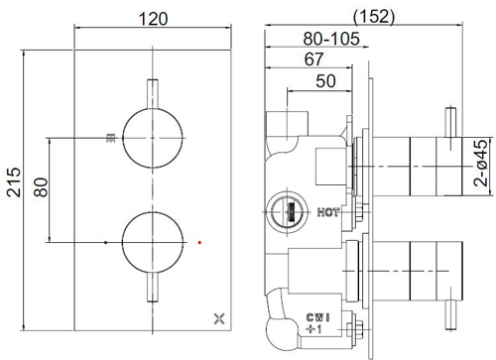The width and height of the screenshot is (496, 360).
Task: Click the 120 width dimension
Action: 153,19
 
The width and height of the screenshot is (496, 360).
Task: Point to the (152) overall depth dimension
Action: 374,16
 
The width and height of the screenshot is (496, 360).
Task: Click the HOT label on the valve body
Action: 330,210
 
